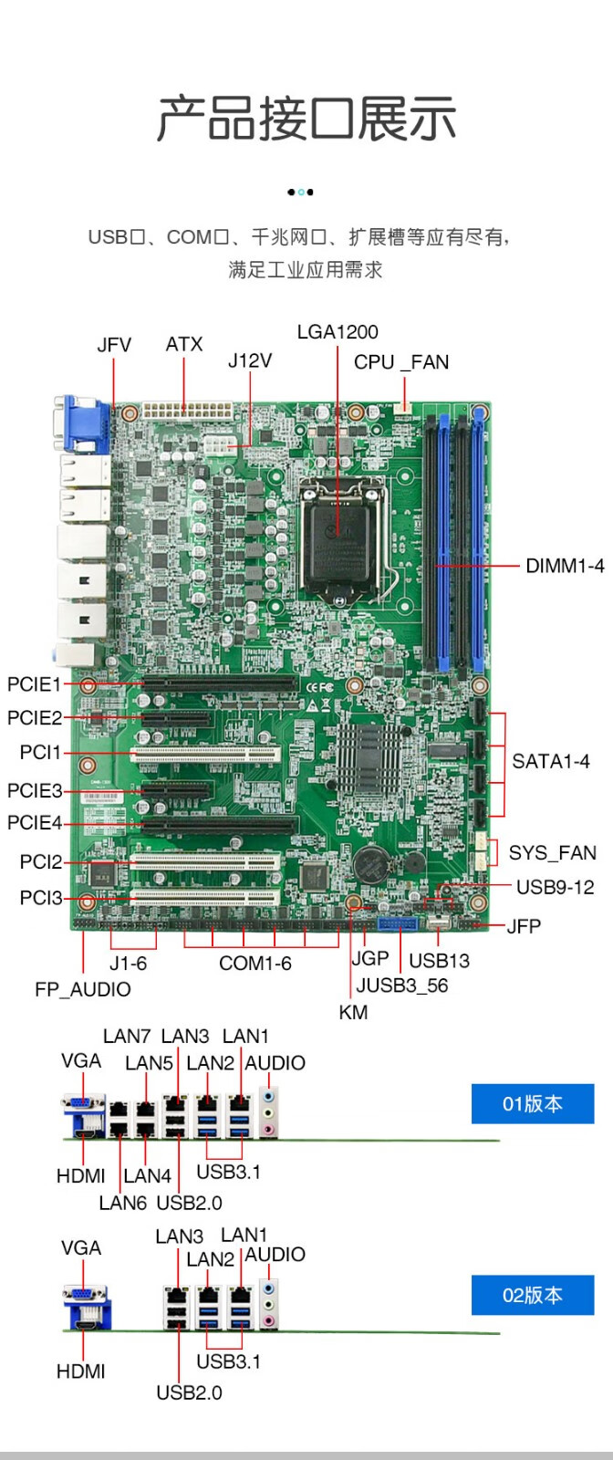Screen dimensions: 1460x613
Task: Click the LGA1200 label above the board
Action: (338, 332)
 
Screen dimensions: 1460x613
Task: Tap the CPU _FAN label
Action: (401, 362)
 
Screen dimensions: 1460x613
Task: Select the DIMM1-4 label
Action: (565, 566)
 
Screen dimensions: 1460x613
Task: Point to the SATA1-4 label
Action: (551, 761)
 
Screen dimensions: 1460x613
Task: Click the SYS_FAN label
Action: (552, 853)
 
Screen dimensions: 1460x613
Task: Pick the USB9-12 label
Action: (555, 887)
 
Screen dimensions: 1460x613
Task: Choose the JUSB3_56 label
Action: (402, 985)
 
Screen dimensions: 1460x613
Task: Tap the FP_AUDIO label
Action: (83, 989)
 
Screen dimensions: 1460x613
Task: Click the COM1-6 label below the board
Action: (255, 964)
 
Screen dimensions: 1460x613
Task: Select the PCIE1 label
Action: (34, 684)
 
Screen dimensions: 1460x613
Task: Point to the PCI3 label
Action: (41, 898)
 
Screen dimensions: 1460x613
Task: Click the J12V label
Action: (250, 360)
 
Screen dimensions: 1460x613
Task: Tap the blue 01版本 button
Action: (533, 1104)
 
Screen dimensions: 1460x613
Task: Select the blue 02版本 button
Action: (533, 1295)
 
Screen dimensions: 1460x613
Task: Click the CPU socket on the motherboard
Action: (338, 531)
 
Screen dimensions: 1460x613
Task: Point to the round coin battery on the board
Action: (371, 862)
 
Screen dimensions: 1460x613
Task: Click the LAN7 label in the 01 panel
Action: (127, 1037)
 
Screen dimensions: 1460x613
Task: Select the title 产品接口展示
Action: (306, 119)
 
